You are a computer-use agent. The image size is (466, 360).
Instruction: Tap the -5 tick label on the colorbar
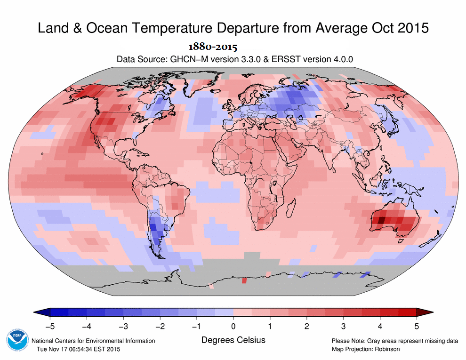click(x=50, y=327)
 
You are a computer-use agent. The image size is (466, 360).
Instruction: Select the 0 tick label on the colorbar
click(x=233, y=327)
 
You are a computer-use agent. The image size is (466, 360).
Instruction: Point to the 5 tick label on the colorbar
click(x=417, y=327)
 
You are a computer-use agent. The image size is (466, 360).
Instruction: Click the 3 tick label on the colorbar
click(x=343, y=327)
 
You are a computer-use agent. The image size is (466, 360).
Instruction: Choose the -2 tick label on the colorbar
click(x=160, y=327)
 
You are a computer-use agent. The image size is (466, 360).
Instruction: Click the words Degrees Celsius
click(x=233, y=340)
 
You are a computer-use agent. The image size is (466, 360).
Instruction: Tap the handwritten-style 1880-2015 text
click(x=213, y=47)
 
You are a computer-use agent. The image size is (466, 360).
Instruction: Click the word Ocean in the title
click(x=107, y=28)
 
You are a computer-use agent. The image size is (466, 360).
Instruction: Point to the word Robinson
click(x=387, y=349)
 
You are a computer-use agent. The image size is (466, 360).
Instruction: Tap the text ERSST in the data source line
click(x=285, y=59)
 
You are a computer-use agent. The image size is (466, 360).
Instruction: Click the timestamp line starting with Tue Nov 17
click(x=79, y=349)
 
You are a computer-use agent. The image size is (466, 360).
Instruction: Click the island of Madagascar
click(x=291, y=208)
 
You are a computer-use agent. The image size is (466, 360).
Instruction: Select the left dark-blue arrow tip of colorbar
click(x=34, y=312)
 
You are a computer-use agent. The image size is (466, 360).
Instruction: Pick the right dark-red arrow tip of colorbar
click(x=433, y=312)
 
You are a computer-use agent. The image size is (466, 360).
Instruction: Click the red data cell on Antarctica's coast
click(x=244, y=280)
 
